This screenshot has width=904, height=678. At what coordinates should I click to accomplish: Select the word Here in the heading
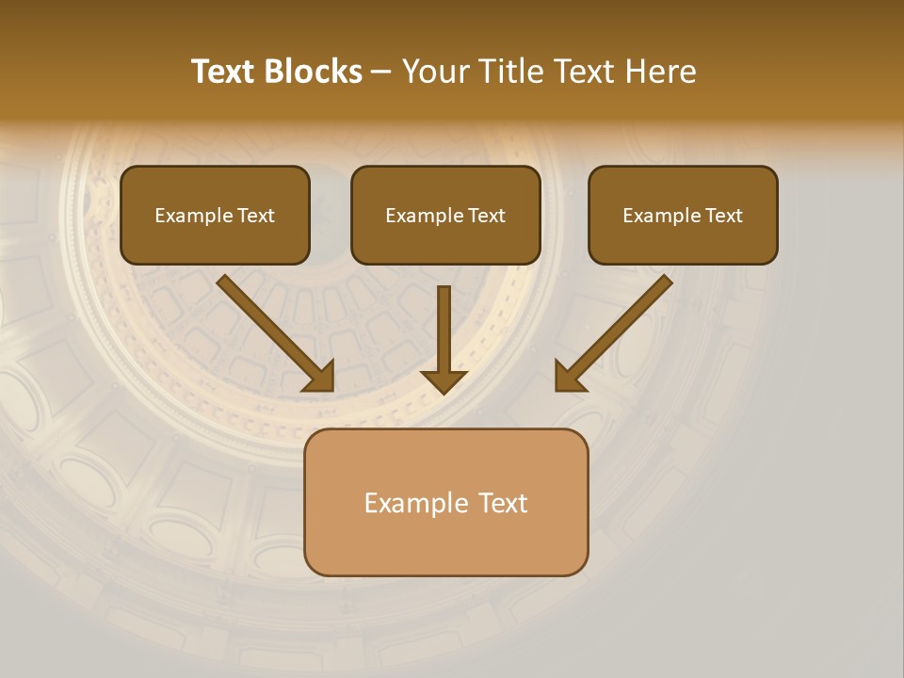tap(660, 72)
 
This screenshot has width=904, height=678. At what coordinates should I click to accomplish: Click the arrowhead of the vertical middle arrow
tap(444, 380)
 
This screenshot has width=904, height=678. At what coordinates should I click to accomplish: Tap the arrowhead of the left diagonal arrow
tap(320, 377)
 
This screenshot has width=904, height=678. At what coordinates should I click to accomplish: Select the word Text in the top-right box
tap(724, 216)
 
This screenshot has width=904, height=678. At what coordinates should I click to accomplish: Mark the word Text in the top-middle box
tap(487, 216)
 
